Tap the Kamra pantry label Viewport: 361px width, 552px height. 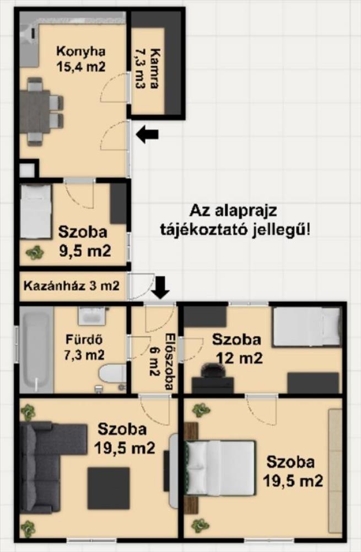146,73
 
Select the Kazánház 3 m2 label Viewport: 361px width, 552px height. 71,285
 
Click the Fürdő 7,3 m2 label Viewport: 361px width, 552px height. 84,347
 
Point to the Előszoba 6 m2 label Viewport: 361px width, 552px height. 161,361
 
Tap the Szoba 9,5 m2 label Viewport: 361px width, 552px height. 84,241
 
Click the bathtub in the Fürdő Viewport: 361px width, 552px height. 35,349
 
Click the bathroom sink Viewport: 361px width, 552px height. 91,315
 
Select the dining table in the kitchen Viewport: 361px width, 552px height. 35,112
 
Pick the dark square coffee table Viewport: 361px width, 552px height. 109,489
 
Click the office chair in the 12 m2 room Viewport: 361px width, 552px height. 213,371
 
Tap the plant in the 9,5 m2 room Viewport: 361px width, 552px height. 35,252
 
